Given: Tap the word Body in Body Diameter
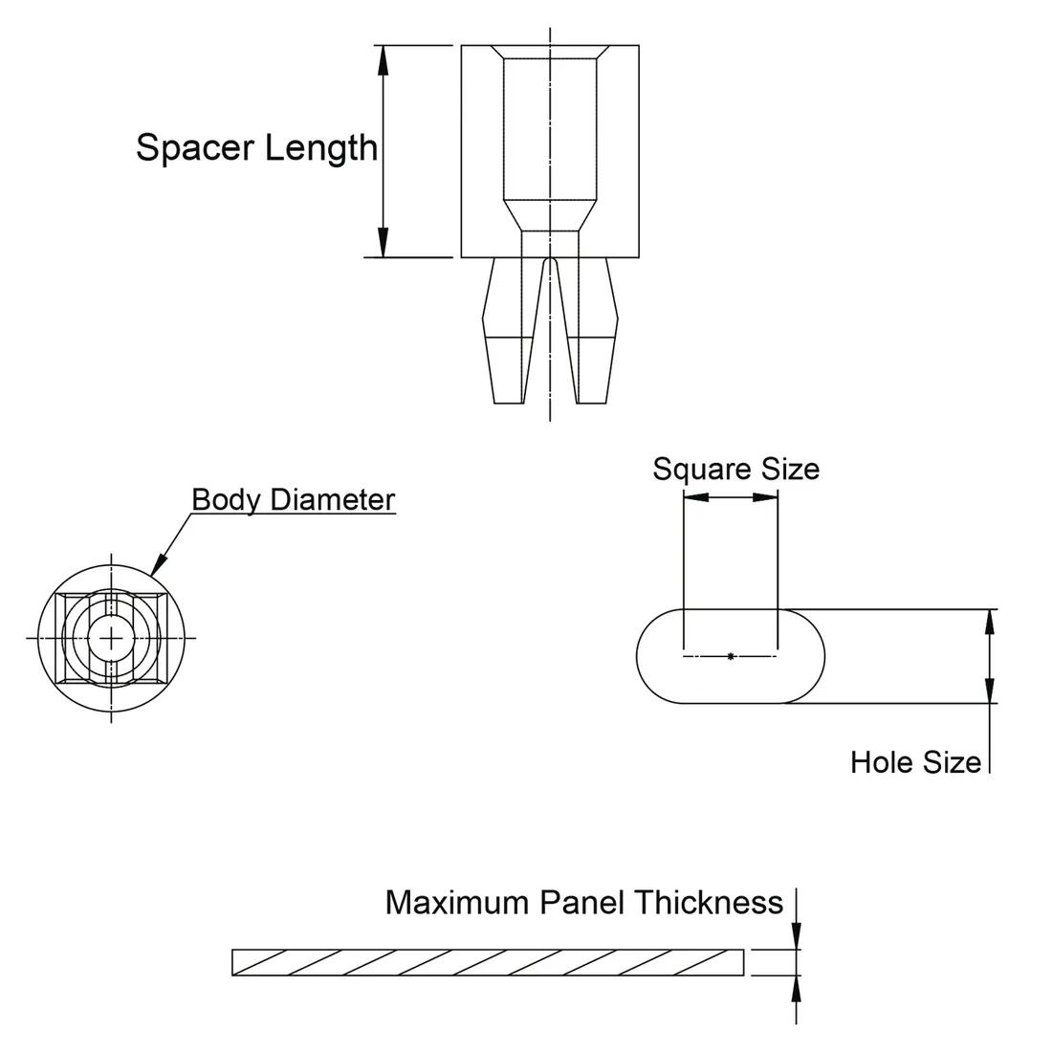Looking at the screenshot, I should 227,499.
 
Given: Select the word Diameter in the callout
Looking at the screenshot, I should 332,499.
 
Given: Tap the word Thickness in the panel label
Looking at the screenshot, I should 710,903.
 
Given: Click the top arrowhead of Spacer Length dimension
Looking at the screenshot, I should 384,59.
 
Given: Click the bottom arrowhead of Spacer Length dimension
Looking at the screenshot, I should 384,243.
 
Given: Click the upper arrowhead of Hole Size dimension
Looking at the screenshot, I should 990,623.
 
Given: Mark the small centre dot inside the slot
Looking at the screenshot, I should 731,656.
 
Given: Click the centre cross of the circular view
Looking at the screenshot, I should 112,637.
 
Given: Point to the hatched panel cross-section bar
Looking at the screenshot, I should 488,962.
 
